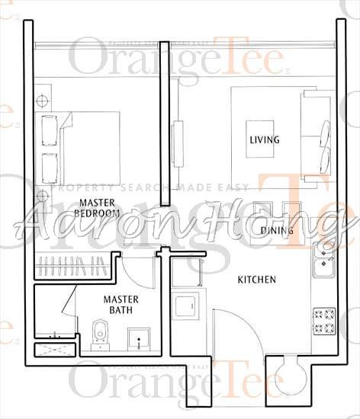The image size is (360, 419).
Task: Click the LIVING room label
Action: click(264, 140)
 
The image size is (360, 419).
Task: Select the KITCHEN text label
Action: click(256, 280)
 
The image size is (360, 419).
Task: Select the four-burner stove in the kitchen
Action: click(323, 321)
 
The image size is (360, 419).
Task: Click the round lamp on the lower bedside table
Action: click(41, 197)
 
